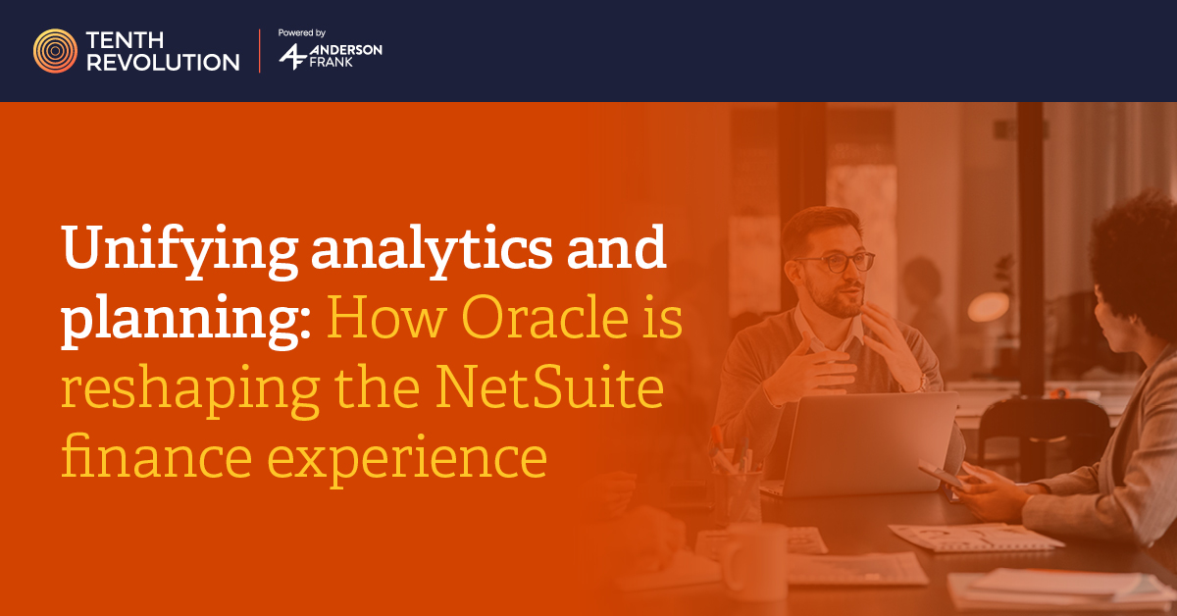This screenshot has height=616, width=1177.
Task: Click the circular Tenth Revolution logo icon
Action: click(55, 51)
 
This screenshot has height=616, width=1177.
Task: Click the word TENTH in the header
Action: click(126, 40)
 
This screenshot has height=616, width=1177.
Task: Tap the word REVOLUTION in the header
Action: click(163, 63)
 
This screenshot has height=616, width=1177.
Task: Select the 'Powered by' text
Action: click(302, 32)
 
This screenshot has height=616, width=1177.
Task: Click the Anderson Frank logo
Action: click(331, 56)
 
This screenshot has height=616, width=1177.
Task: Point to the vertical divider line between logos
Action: click(260, 51)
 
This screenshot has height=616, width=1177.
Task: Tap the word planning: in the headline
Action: click(186, 320)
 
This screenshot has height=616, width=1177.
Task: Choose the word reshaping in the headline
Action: click(190, 391)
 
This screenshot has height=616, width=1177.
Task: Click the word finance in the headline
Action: click(157, 456)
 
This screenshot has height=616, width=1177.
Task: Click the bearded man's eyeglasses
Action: click(836, 262)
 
